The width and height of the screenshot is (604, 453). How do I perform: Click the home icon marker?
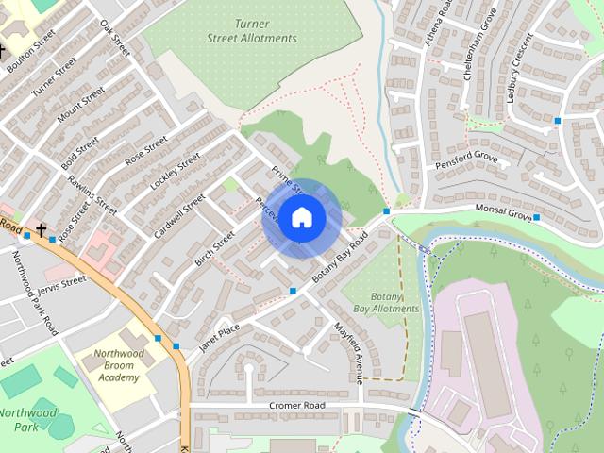300,218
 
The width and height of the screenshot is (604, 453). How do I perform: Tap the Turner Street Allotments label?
252,31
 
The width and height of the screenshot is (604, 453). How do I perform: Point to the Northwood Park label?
27,419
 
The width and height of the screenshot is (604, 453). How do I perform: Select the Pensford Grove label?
466,159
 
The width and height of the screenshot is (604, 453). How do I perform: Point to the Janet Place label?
219,337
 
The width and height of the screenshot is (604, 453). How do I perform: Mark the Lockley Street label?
176,173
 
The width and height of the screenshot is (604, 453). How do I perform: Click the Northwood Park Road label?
35,298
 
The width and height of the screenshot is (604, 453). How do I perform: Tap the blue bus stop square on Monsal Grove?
536,218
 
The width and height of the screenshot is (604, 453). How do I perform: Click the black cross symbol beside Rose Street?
42,229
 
